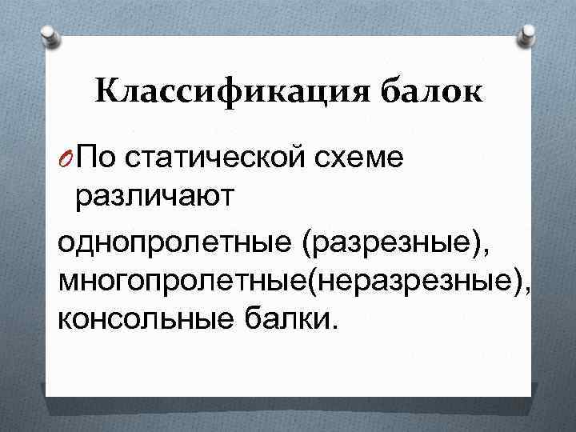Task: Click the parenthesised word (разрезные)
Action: click(x=393, y=243)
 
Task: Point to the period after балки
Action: click(x=334, y=326)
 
